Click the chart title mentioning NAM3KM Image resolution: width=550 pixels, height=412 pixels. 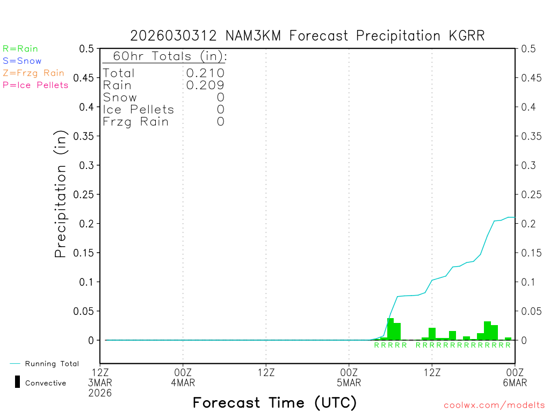(x=307, y=36)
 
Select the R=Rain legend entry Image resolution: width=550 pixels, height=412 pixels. (x=20, y=49)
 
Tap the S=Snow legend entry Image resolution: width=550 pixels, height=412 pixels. (x=22, y=61)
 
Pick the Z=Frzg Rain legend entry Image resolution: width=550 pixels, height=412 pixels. (x=33, y=73)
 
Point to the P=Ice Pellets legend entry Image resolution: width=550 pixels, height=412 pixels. (x=35, y=85)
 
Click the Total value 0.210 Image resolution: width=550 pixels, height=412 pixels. (x=205, y=73)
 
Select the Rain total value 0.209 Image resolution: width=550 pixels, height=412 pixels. (x=205, y=85)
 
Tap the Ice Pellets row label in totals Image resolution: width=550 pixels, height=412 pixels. (x=139, y=109)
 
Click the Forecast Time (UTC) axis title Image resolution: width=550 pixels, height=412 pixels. (x=274, y=402)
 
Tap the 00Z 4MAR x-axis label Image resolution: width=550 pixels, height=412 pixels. (x=183, y=377)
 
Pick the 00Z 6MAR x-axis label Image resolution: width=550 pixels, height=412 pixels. (x=515, y=377)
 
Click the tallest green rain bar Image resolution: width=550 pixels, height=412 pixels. (x=390, y=329)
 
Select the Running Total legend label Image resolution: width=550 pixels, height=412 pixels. (x=52, y=364)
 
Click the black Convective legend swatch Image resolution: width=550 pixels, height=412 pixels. (x=17, y=382)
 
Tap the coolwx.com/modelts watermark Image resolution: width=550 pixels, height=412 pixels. (x=494, y=406)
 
